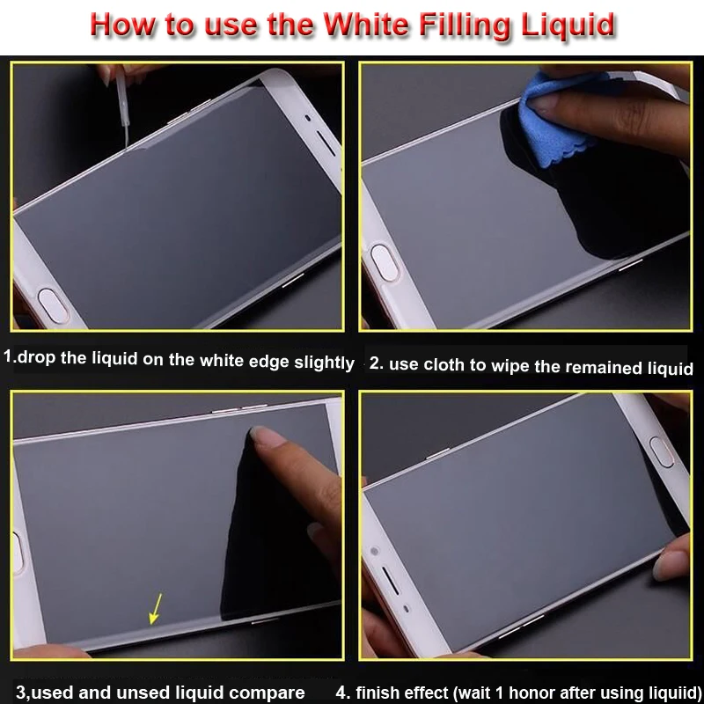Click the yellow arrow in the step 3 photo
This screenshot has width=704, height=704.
click(x=155, y=608)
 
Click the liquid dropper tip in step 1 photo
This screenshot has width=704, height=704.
click(x=127, y=143)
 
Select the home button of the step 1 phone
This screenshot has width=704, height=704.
click(x=53, y=306)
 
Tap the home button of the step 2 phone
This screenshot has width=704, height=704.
click(x=385, y=263)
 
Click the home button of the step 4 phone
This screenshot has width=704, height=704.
click(x=662, y=452)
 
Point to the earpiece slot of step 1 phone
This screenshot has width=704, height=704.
click(x=326, y=143)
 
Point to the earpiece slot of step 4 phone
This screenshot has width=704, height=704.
click(x=390, y=581)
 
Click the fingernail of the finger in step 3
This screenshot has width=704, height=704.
click(x=265, y=436)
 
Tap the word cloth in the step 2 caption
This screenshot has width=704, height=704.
click(x=444, y=365)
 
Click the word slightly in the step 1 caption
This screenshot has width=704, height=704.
click(x=324, y=362)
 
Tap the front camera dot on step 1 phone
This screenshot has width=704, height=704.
click(x=307, y=118)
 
